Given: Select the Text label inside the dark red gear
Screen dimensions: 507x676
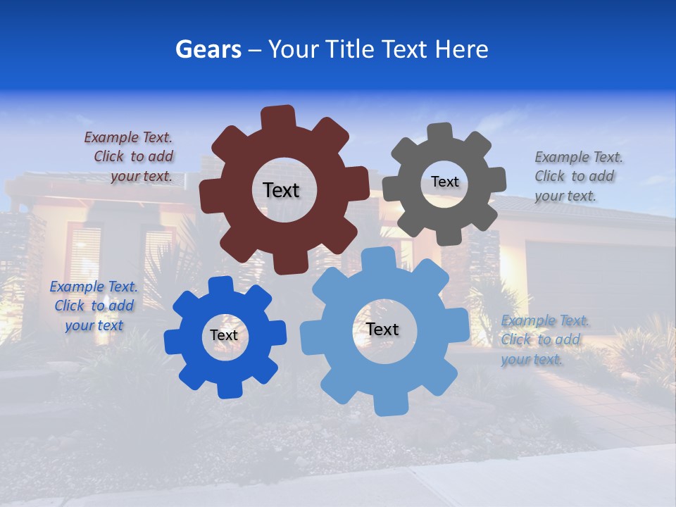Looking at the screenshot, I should click(x=281, y=190).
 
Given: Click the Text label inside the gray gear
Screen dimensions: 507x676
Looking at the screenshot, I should click(x=444, y=182).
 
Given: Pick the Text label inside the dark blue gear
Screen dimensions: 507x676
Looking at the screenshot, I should click(x=224, y=335).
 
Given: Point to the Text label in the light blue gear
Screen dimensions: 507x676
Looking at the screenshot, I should click(x=382, y=329).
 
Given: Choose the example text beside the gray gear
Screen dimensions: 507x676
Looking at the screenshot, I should click(x=577, y=176).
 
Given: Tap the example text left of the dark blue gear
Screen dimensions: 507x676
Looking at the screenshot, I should click(x=94, y=306).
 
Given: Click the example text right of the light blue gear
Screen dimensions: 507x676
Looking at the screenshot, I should click(x=544, y=340).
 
